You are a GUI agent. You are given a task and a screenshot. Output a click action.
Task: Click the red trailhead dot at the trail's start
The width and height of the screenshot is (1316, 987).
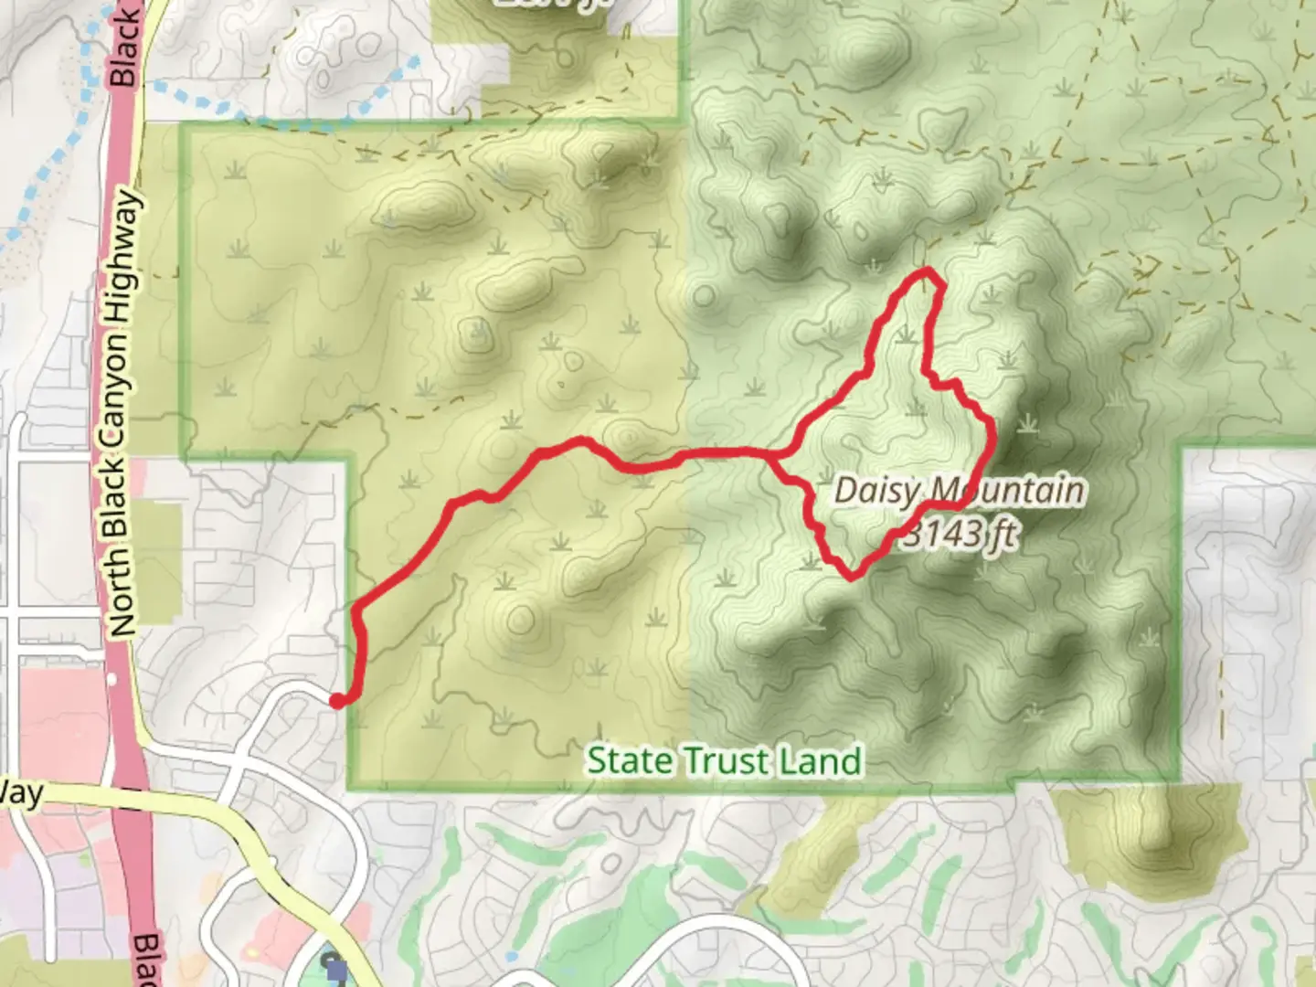tap(337, 700)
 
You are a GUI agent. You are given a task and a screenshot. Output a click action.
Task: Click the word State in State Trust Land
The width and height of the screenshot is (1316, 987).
tap(627, 760)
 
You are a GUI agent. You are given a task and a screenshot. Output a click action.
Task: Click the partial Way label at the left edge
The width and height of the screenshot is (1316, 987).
tap(20, 793)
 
